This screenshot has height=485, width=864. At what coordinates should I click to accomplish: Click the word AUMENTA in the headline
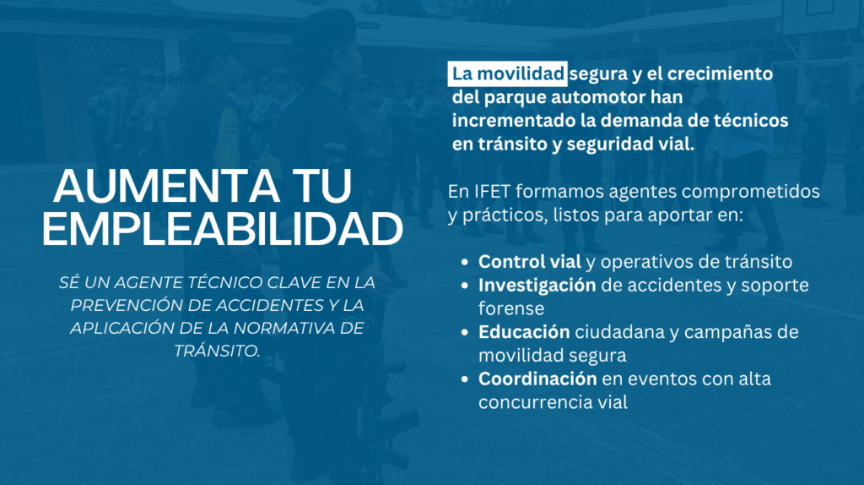pos(166,186)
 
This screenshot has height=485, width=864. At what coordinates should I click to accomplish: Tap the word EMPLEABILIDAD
pos(223,228)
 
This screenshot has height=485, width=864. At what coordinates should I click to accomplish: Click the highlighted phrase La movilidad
pos(507,74)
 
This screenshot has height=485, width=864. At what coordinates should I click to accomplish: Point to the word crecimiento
pos(720,74)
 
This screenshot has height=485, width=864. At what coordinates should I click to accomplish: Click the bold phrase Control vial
pos(530,262)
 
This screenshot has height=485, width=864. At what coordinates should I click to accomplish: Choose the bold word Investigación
pos(537,286)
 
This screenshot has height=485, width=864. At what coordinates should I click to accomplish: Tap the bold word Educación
pos(524,332)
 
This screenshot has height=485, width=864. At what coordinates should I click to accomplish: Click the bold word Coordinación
pos(537,379)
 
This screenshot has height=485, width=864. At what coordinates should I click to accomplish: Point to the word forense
pos(511,308)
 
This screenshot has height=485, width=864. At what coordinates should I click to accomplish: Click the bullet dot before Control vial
pos(466,263)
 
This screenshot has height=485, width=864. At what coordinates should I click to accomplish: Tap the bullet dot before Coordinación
pos(466,379)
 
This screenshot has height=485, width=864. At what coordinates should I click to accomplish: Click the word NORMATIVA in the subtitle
pos(278,328)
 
